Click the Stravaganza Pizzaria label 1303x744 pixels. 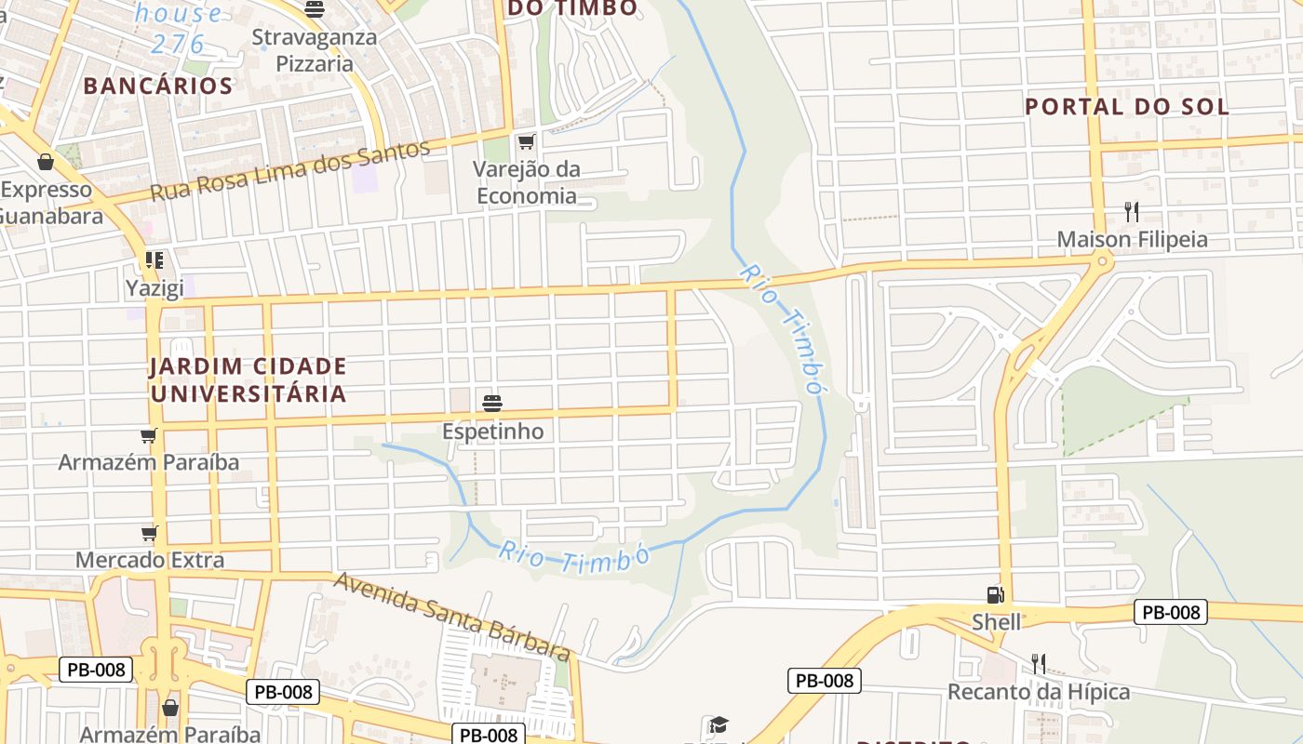point(315,51)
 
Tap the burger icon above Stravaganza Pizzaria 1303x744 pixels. point(315,10)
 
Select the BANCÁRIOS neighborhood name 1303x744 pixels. point(157,86)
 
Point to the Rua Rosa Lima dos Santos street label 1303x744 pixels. point(290,171)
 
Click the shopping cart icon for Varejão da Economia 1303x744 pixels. point(526,141)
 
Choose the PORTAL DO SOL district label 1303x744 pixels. point(1127,107)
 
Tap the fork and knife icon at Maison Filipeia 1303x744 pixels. point(1132,212)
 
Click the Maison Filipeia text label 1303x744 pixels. point(1132,240)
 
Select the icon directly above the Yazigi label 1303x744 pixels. point(154,260)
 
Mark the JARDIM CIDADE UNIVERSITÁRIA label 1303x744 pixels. point(248,379)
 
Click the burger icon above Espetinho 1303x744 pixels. point(492,404)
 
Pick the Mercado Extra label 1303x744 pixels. point(150,560)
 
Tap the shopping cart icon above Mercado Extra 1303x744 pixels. point(149,533)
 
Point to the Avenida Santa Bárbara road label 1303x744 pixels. point(452,616)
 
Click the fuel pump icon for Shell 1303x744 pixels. point(996,594)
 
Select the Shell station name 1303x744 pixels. point(996,621)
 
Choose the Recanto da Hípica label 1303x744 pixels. point(1039,692)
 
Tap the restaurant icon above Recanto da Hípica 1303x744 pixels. point(1039,664)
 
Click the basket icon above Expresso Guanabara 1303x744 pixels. point(46,163)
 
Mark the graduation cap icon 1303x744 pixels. point(718,725)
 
